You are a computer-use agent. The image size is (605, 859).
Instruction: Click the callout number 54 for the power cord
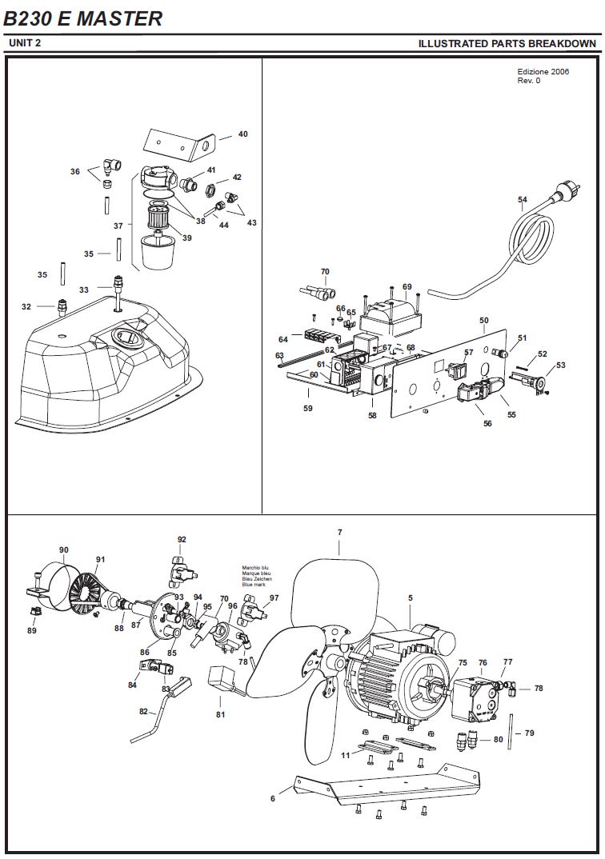[523, 200]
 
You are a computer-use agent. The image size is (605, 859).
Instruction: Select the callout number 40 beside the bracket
[242, 134]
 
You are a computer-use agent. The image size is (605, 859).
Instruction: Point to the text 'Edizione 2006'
[543, 72]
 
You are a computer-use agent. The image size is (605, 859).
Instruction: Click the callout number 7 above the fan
[340, 532]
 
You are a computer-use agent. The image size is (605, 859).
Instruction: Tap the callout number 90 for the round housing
[63, 549]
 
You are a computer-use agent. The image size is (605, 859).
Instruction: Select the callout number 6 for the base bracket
[273, 799]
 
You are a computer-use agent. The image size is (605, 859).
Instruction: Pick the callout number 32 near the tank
[26, 307]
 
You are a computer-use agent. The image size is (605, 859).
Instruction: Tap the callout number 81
[220, 714]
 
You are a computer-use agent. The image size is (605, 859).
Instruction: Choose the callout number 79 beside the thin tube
[530, 733]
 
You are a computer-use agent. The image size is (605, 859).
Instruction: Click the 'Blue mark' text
[254, 585]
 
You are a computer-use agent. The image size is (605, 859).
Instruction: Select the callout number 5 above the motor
[411, 598]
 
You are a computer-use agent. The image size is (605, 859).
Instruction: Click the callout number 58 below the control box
[373, 416]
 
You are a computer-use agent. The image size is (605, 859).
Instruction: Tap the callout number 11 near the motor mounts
[345, 756]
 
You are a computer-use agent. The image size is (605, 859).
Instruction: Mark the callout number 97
[274, 597]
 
